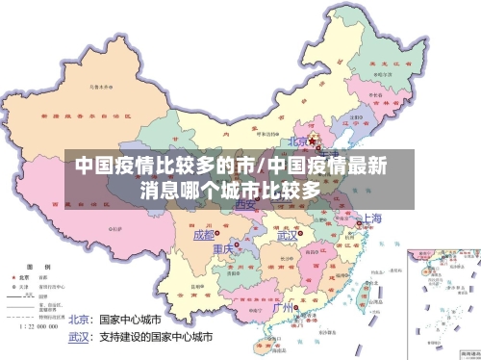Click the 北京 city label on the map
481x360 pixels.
click(x=299, y=141)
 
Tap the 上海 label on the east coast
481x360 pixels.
click(x=371, y=219)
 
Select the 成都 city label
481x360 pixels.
click(x=204, y=235)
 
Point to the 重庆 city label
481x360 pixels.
click(x=222, y=249)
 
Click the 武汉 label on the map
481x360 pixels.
click(x=288, y=235)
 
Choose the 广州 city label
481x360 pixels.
click(x=284, y=308)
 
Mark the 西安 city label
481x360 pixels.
click(x=245, y=205)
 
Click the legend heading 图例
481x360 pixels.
click(x=31, y=265)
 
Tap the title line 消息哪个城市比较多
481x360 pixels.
click(x=230, y=189)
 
